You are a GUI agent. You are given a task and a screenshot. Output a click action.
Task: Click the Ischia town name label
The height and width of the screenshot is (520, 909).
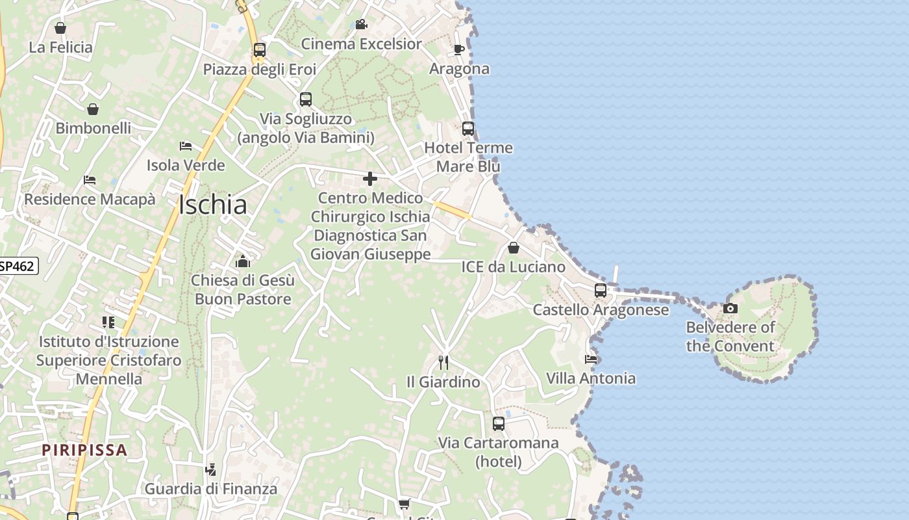click(x=212, y=205)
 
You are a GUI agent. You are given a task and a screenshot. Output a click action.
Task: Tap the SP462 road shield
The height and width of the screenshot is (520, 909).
click(x=17, y=265)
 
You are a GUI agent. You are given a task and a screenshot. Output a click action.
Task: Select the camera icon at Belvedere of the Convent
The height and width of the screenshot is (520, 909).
click(x=730, y=308)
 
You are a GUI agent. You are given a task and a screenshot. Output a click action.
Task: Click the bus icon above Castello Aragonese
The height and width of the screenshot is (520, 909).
click(x=601, y=290)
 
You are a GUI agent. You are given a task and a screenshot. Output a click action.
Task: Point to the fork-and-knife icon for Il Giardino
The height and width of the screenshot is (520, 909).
click(x=443, y=362)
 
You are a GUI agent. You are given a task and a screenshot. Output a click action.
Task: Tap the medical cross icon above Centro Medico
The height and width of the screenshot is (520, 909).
click(x=370, y=179)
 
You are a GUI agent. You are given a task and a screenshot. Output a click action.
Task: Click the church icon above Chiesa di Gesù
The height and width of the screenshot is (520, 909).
click(x=243, y=261)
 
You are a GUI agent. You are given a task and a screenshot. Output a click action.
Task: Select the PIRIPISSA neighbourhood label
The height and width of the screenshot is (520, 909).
click(x=84, y=450)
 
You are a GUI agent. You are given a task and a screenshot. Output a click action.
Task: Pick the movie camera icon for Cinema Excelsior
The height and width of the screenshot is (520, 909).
click(x=361, y=25)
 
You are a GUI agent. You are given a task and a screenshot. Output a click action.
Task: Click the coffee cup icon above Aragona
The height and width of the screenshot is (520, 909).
click(x=459, y=49)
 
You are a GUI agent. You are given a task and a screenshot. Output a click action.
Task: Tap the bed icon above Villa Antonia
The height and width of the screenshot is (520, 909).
click(x=590, y=359)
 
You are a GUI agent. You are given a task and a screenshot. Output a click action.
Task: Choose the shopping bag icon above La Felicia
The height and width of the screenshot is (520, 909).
click(x=60, y=28)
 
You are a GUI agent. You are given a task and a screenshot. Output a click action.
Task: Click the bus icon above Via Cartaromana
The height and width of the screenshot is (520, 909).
click(x=498, y=424)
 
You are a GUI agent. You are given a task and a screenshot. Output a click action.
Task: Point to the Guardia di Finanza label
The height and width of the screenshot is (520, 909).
click(x=211, y=489)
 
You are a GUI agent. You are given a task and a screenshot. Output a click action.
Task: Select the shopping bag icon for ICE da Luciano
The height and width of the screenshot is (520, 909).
click(x=513, y=248)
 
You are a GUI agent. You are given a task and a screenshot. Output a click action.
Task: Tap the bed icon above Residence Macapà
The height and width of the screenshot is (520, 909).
click(x=90, y=180)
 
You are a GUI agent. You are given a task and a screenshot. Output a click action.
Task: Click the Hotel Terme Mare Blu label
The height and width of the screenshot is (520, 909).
click(x=468, y=157)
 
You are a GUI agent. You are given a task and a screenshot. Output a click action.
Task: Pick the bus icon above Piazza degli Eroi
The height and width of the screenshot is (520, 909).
click(x=260, y=50)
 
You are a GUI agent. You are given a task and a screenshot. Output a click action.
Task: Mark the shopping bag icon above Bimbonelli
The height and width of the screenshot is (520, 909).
click(x=93, y=109)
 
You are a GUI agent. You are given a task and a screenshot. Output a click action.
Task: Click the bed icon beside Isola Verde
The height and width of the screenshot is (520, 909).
click(x=186, y=146)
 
